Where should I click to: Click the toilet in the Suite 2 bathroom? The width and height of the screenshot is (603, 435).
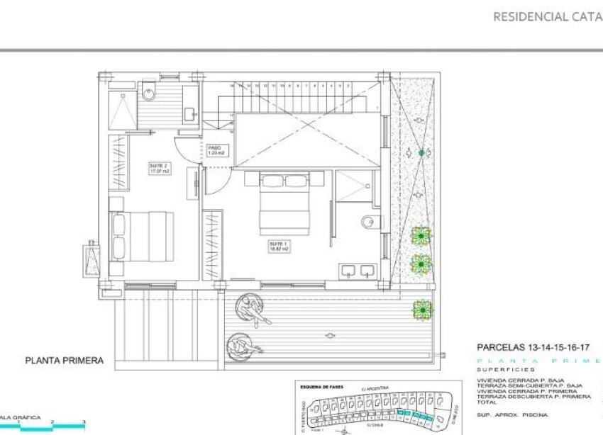tap(150, 91)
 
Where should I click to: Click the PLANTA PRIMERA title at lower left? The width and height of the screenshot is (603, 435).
tap(64, 361)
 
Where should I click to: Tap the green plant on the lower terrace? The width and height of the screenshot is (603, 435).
tap(422, 309)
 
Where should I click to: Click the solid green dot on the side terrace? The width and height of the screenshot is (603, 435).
tap(421, 153)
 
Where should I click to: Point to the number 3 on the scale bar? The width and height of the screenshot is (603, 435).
tap(84, 422)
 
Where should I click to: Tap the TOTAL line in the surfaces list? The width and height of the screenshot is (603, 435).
tap(487, 402)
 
